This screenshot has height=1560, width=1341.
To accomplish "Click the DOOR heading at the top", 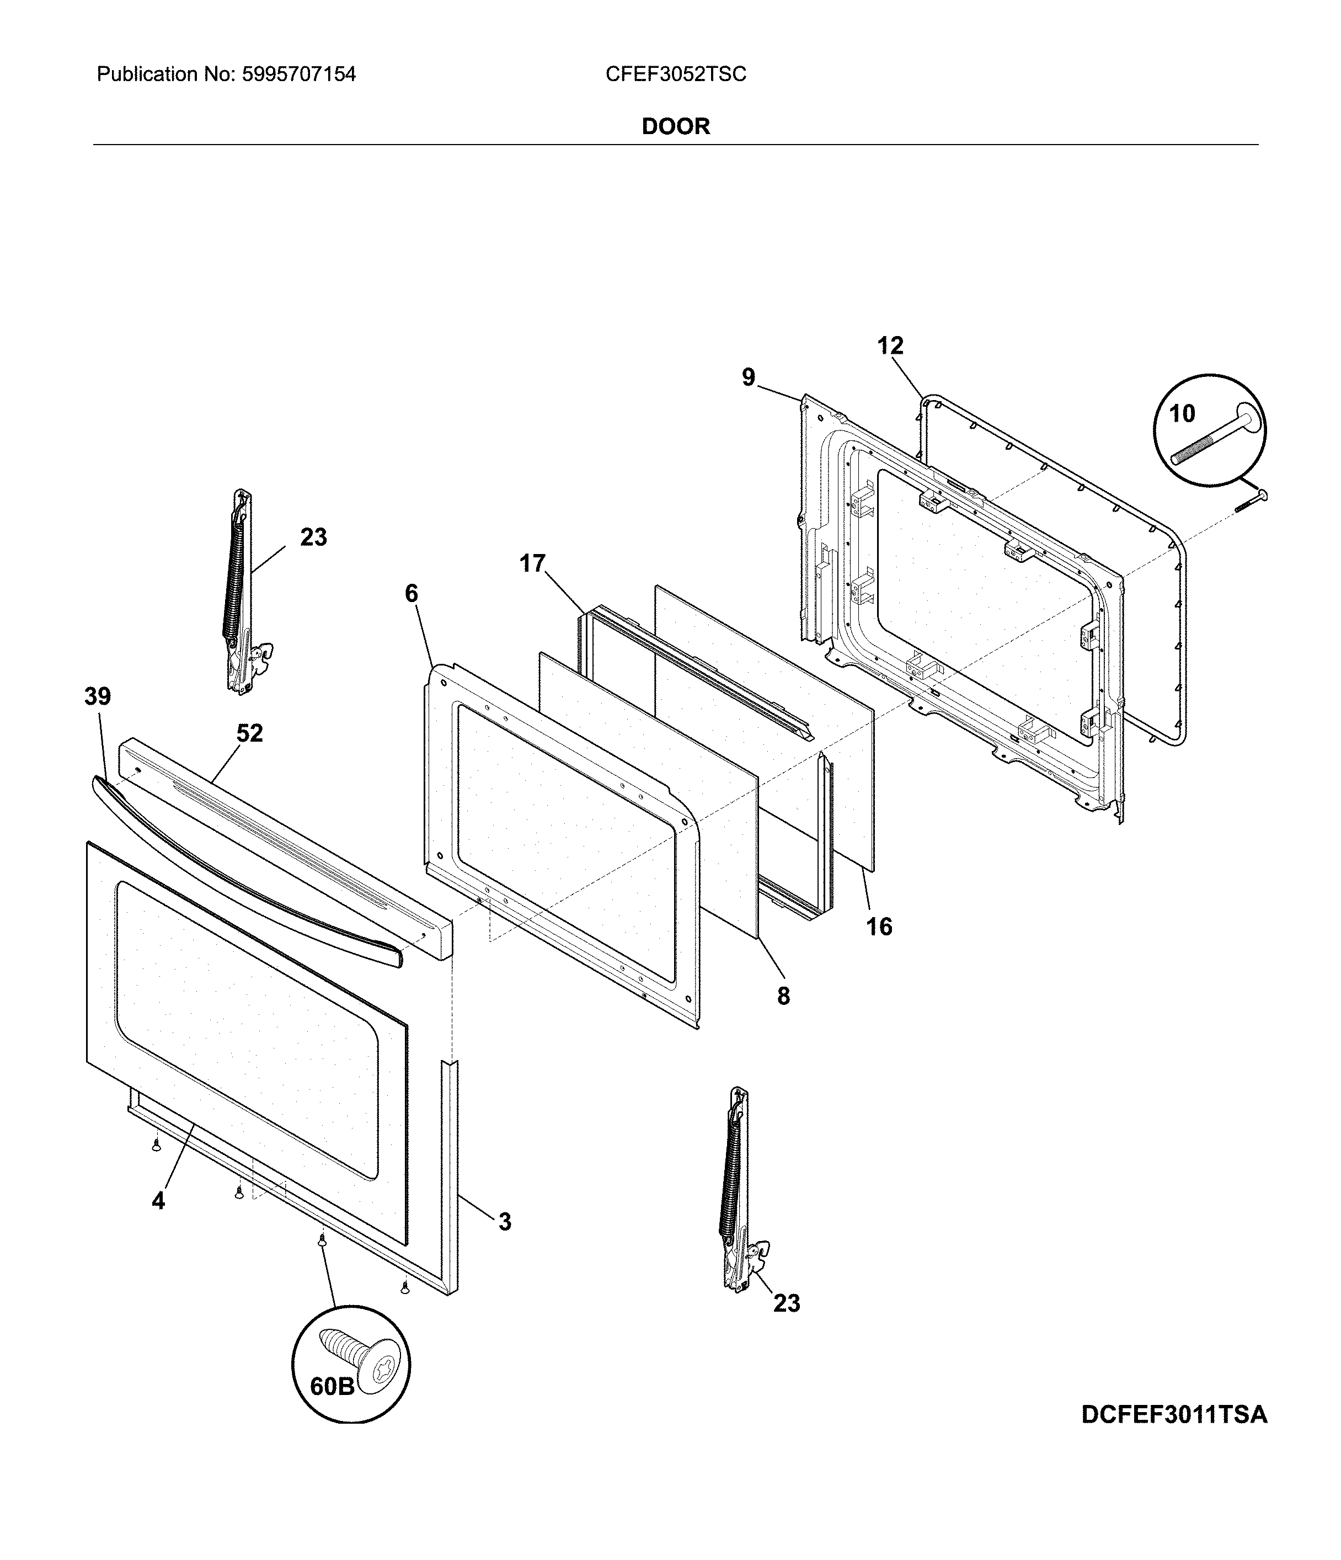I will tap(675, 126).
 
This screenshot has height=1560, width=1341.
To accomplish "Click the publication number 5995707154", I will tap(297, 74).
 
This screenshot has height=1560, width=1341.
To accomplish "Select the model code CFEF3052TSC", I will tap(675, 74).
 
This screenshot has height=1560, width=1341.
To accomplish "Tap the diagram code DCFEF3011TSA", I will tap(1174, 1415).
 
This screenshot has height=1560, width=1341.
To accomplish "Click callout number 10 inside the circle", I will tap(1182, 413).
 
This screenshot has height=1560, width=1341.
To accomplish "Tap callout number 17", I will tap(532, 563).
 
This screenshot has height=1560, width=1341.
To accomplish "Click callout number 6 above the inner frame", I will tap(411, 593).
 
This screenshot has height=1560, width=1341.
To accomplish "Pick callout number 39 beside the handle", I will tap(98, 696).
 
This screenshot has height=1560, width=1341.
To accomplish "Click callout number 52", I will tap(250, 733).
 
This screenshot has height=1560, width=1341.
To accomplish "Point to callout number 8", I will tap(783, 996).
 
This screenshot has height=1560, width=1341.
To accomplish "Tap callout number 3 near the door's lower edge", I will tap(505, 1222).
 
